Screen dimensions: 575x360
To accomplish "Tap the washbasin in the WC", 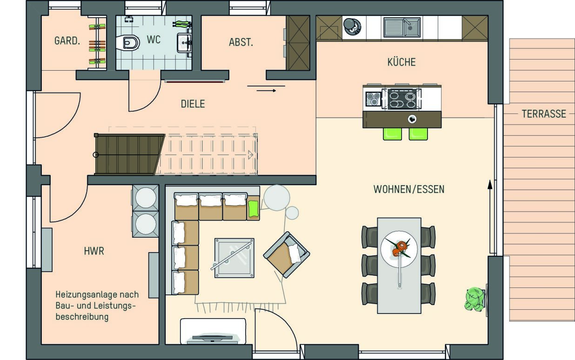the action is pyautogui.click(x=184, y=43).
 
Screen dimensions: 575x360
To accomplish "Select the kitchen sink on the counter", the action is pyautogui.click(x=402, y=27).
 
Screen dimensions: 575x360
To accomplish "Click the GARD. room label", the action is pyautogui.click(x=67, y=41).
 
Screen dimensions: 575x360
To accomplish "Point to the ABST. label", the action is pyautogui.click(x=241, y=42).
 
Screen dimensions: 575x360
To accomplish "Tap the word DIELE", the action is pyautogui.click(x=193, y=104).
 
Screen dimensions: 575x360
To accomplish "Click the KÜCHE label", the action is pyautogui.click(x=401, y=62).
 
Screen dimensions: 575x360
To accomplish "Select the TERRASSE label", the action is pyautogui.click(x=544, y=114).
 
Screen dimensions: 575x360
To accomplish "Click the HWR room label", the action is pyautogui.click(x=94, y=251).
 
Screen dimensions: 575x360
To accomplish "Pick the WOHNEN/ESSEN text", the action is pyautogui.click(x=409, y=189).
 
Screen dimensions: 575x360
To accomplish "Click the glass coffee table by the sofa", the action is pyautogui.click(x=234, y=258).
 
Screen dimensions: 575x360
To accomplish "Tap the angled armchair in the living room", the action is pyautogui.click(x=287, y=255).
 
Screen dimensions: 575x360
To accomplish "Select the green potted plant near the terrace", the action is pyautogui.click(x=475, y=300).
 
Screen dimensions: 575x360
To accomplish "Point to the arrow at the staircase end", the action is pyautogui.click(x=250, y=155).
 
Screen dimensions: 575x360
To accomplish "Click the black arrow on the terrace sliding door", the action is pyautogui.click(x=490, y=218).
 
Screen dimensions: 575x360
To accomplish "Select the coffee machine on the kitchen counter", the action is pyautogui.click(x=352, y=27).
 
